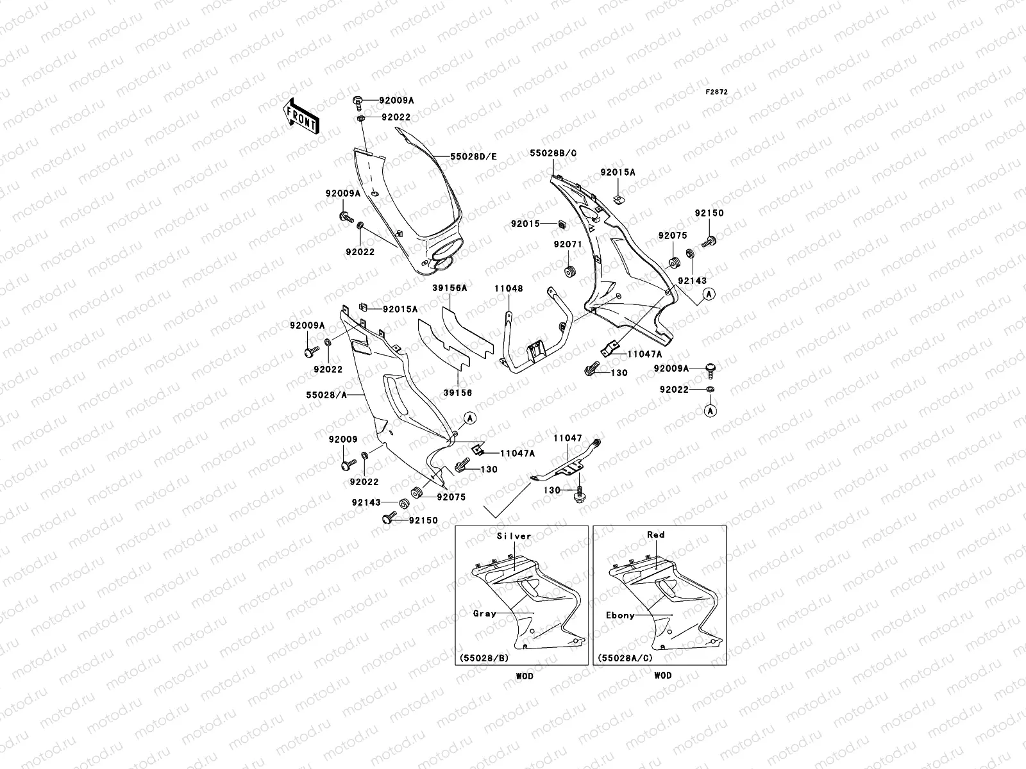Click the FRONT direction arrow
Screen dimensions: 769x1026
click(x=301, y=116)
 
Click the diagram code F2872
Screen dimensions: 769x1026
click(x=718, y=92)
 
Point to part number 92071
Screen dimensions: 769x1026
click(x=568, y=245)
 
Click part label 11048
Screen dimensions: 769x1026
click(x=509, y=288)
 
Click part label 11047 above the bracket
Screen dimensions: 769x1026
click(x=568, y=438)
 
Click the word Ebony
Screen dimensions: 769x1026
click(x=620, y=615)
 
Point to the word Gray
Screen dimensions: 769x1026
click(x=485, y=613)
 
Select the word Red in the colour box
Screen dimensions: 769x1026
click(x=656, y=534)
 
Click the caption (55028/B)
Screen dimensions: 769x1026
click(x=481, y=658)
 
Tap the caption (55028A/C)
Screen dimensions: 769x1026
click(x=622, y=658)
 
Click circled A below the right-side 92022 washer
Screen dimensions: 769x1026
click(x=711, y=410)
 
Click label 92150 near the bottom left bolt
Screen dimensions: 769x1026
click(x=423, y=520)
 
